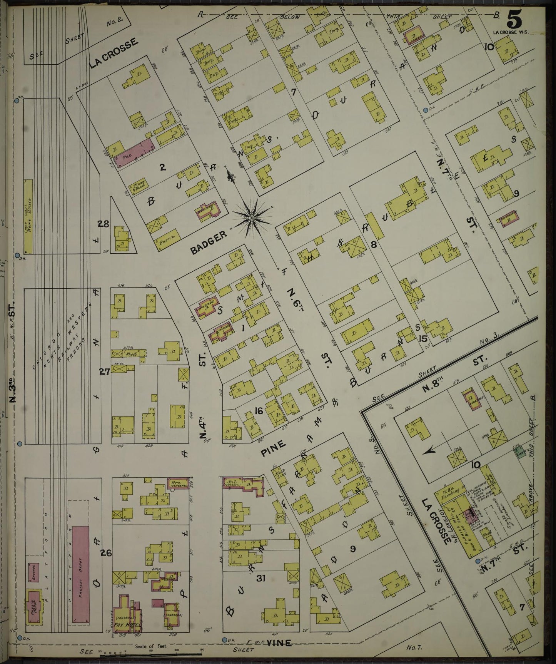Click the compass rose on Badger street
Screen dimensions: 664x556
[251, 218]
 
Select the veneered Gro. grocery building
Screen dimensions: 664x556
[179, 483]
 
